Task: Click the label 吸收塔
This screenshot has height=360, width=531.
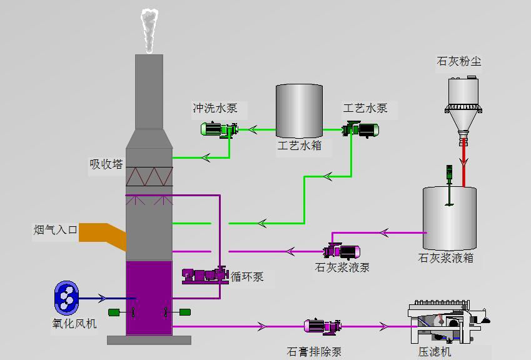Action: pyautogui.click(x=106, y=164)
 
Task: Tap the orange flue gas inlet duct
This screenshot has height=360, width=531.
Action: pyautogui.click(x=100, y=232)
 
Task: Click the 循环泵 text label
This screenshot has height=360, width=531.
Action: pyautogui.click(x=247, y=277)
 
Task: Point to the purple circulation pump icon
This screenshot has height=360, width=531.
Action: pyautogui.click(x=205, y=275)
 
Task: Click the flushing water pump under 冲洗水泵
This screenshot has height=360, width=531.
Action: pyautogui.click(x=218, y=129)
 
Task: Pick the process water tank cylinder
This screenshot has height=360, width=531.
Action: pyautogui.click(x=299, y=111)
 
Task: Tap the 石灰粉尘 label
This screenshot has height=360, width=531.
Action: pyautogui.click(x=459, y=61)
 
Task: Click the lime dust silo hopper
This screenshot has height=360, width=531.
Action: pyautogui.click(x=463, y=106)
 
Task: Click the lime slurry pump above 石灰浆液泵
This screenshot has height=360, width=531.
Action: pyautogui.click(x=341, y=251)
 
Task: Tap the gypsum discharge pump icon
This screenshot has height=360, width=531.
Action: pyautogui.click(x=322, y=326)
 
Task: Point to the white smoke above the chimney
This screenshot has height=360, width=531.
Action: pyautogui.click(x=149, y=30)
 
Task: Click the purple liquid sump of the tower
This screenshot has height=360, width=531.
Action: pyautogui.click(x=149, y=297)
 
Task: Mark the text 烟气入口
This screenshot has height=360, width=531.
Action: pyautogui.click(x=56, y=230)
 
